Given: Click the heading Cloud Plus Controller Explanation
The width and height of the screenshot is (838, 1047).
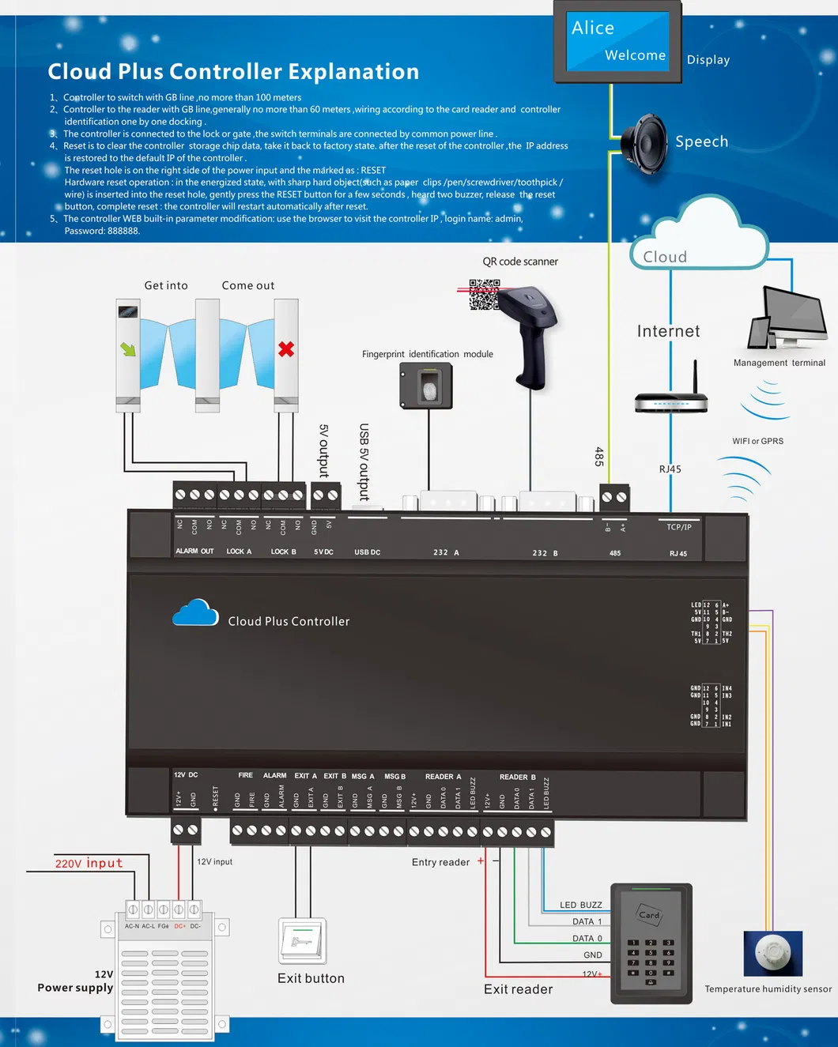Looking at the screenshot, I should point(233,72).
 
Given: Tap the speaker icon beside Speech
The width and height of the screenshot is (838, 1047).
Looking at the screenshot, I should point(645,143).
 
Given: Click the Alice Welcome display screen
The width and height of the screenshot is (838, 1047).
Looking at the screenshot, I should point(617,41).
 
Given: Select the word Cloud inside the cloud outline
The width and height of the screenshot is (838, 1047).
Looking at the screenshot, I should point(665,257).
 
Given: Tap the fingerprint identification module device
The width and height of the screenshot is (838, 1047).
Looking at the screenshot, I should point(426,386).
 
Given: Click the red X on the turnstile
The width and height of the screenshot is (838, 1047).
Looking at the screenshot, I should point(286,348).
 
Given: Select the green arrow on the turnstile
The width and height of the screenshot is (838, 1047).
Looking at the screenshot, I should point(128,348).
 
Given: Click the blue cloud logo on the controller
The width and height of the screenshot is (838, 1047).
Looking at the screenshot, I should point(195,613).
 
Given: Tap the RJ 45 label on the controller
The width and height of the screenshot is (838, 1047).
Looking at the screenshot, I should point(678,553).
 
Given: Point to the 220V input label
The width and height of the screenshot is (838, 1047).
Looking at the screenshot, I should point(89,863).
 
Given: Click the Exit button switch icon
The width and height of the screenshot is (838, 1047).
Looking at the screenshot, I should point(303,940).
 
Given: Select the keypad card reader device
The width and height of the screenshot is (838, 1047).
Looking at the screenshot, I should point(651,943).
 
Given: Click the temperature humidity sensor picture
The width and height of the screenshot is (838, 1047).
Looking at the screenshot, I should point(772,953).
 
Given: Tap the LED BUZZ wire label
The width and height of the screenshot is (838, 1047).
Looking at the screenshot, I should point(580,905).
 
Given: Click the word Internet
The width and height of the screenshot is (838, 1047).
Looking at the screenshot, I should point(668,331).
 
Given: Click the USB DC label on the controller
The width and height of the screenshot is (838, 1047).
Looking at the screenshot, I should point(367,552).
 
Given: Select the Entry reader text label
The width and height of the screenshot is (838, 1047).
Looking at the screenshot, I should point(440,862).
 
